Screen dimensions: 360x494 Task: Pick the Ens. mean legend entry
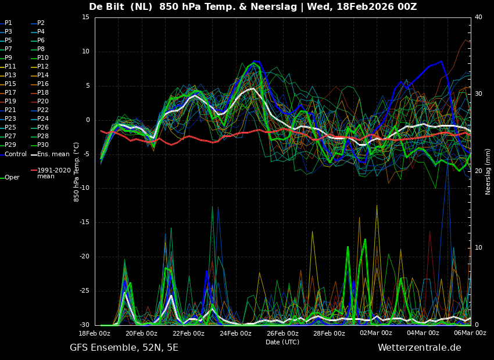point(53,154)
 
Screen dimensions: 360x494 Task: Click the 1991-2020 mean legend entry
point(53,173)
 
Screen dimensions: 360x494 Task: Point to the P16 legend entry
point(43,84)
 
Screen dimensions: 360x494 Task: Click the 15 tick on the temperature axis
point(85,17)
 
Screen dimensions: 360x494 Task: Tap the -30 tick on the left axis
point(84,325)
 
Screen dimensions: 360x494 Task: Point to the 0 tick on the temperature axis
point(88,120)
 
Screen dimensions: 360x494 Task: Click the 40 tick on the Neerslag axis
point(478,17)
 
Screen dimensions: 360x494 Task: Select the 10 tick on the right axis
point(478,248)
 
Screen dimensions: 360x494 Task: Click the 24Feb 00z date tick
point(235,333)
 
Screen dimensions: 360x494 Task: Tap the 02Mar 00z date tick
point(376,333)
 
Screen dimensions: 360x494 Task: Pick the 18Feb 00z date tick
point(95,333)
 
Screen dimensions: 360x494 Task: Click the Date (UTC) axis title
point(282,342)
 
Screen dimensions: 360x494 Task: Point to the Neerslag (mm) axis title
point(488,171)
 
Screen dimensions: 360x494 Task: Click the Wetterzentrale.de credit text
point(419,348)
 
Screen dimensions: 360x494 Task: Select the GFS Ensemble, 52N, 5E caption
point(124,348)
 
